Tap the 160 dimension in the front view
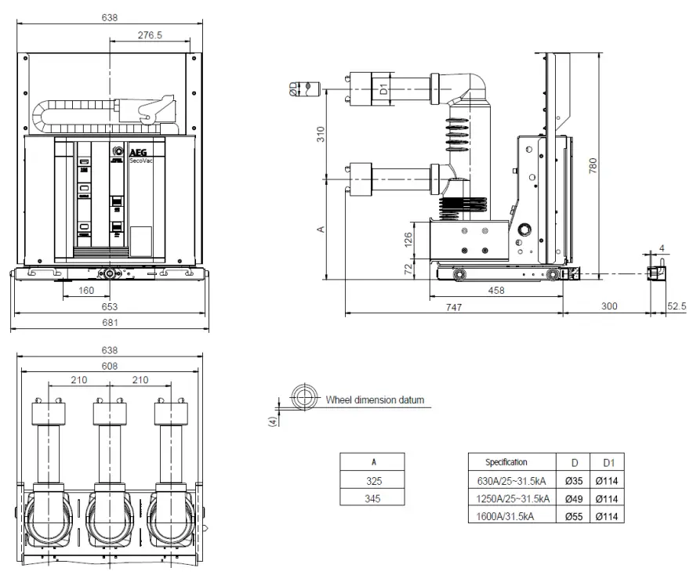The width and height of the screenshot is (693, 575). (x=86, y=291)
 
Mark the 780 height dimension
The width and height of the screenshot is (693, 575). (x=593, y=165)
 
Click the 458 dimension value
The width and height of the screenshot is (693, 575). (x=495, y=291)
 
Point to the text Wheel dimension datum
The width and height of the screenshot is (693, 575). (x=375, y=400)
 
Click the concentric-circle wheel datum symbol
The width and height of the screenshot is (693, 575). (x=302, y=396)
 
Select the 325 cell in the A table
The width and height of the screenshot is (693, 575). (x=372, y=480)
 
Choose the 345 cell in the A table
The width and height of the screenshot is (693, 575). (x=372, y=498)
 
